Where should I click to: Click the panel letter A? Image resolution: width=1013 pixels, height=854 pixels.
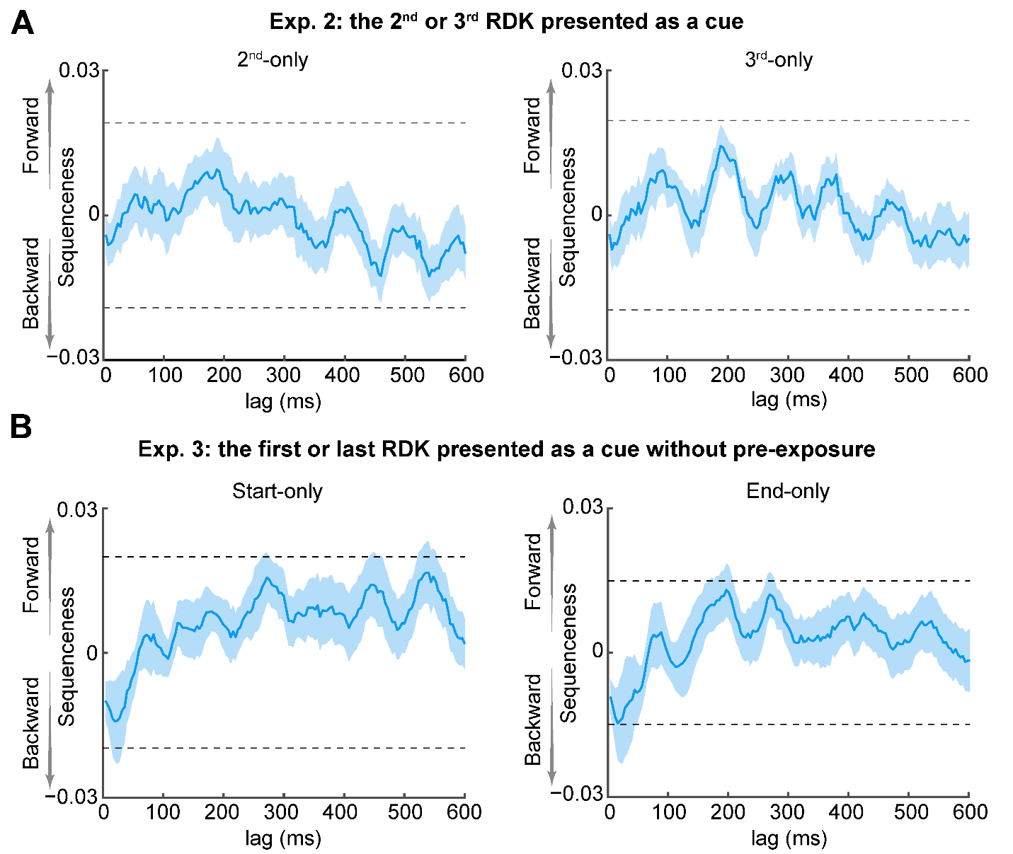tap(23, 24)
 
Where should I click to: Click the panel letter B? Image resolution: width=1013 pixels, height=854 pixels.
tap(21, 427)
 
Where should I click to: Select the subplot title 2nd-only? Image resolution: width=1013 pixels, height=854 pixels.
tap(273, 59)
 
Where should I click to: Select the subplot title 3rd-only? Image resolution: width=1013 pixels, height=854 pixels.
tap(778, 59)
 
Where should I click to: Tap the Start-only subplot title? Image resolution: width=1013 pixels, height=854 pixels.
tap(277, 491)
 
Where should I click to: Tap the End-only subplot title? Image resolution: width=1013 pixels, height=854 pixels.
tap(788, 491)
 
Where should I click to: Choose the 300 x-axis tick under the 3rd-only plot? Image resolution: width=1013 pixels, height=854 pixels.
tap(786, 375)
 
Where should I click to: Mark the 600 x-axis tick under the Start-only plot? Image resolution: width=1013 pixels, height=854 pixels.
tap(464, 812)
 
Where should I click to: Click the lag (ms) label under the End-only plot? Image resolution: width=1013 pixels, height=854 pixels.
tap(789, 839)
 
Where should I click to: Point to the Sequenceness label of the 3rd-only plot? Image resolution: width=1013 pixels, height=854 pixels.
tap(568, 217)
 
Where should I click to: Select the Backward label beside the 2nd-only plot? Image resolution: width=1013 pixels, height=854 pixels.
tap(32, 283)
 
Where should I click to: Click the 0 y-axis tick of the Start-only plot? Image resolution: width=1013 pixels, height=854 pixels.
tap(92, 653)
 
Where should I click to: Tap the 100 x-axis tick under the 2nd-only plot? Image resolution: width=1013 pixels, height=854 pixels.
tap(164, 375)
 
